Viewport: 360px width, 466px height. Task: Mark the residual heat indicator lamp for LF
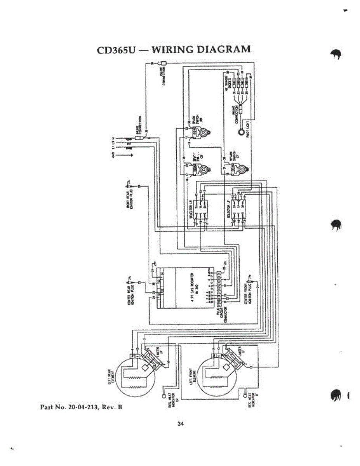(x=245, y=396)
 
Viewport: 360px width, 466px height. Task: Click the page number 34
(x=180, y=423)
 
